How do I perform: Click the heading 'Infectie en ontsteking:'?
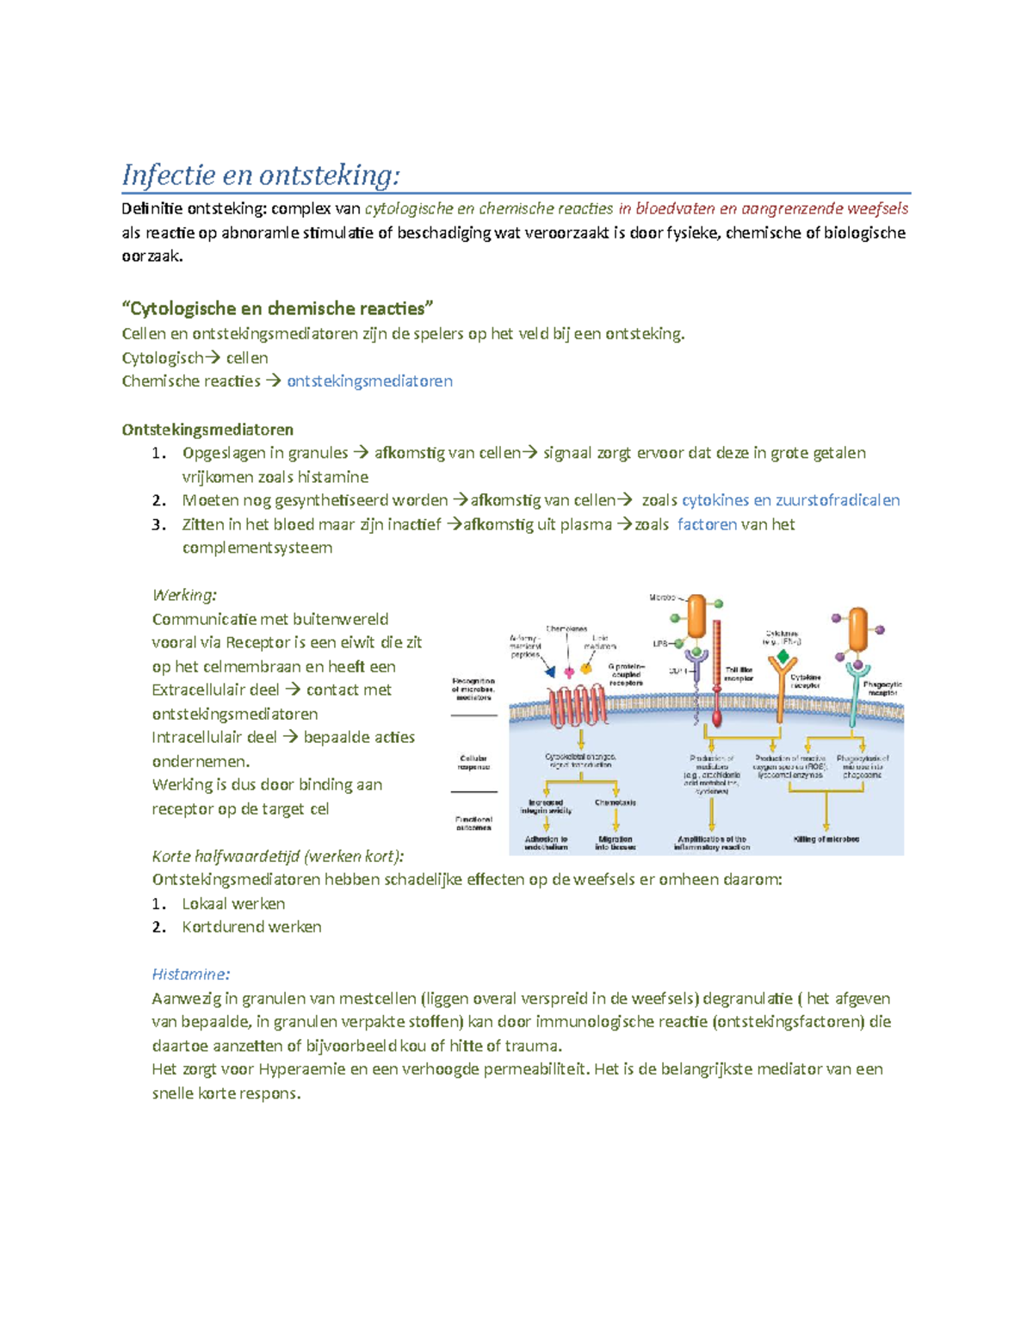[261, 175]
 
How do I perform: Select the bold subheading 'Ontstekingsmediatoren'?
[207, 430]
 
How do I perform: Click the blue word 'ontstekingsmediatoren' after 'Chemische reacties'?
[369, 381]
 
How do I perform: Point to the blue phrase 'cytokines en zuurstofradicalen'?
[790, 500]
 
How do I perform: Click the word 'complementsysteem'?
[257, 548]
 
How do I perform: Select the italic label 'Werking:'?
[184, 595]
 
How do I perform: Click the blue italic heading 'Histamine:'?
[190, 975]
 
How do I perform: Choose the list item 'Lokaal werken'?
[233, 903]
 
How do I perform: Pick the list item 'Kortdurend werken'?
[251, 927]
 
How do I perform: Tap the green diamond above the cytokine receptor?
[782, 658]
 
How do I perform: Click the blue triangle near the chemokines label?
[550, 672]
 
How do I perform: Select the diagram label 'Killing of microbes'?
[826, 839]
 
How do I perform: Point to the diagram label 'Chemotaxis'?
[615, 802]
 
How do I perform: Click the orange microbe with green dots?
[696, 616]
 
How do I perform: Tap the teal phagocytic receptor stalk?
[854, 697]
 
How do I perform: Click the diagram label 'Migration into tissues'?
[615, 843]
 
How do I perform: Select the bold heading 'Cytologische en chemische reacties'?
[278, 308]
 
